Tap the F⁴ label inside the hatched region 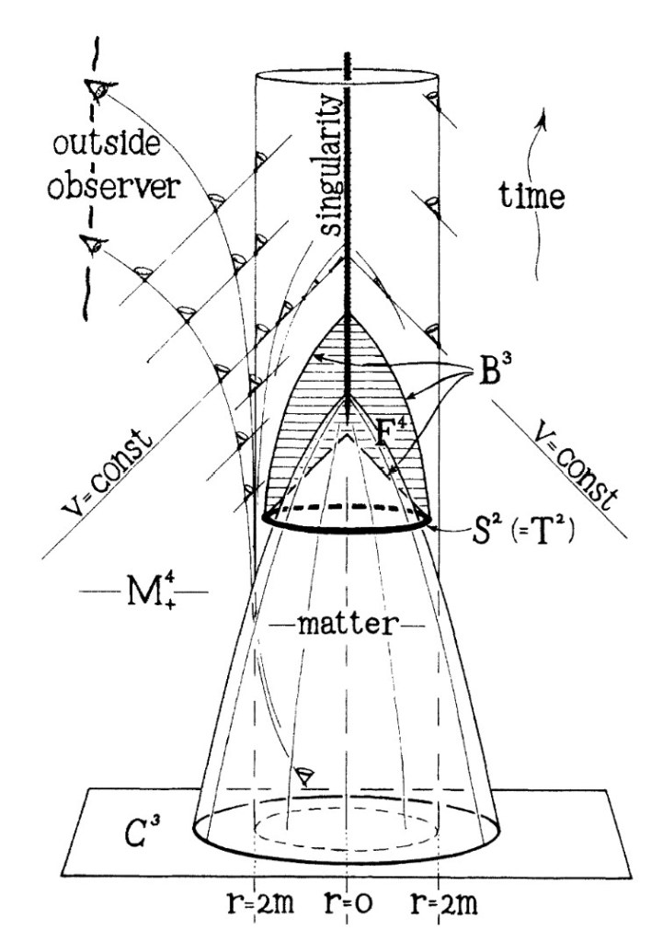tap(391, 432)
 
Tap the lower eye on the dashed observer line tap(93, 245)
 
